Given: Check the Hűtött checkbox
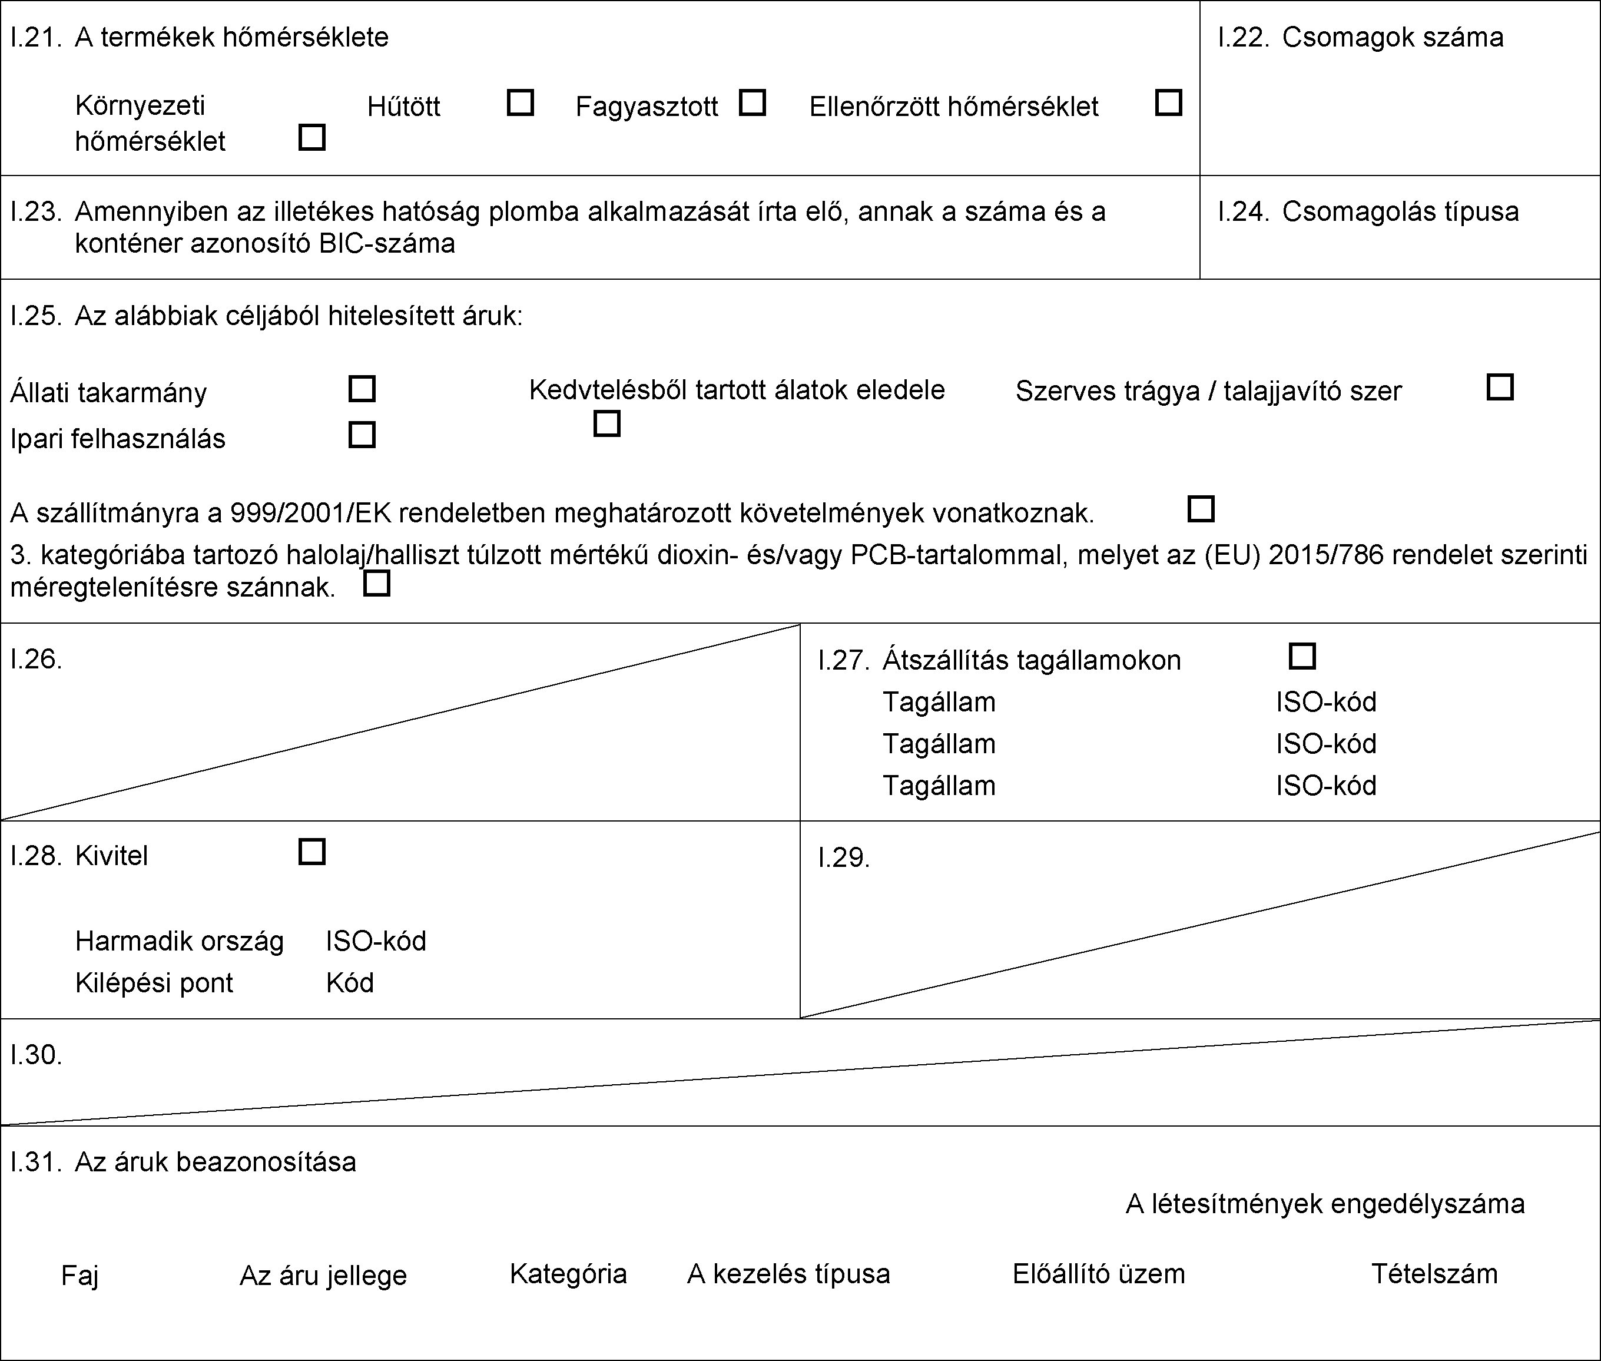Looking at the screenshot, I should tap(521, 102).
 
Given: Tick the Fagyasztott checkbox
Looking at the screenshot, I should tap(752, 102).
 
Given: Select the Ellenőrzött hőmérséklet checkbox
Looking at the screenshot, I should tap(1168, 102).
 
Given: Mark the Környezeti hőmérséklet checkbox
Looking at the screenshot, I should tap(311, 137).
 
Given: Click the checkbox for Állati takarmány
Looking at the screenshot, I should tap(362, 389).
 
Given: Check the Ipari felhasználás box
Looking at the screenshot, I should tap(362, 435).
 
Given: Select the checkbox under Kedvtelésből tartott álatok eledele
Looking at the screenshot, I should tap(607, 423).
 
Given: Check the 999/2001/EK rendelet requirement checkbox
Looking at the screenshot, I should tap(1201, 509).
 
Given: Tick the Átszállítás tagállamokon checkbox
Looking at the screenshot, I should tap(1302, 657).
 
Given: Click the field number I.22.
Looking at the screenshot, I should tap(1243, 38).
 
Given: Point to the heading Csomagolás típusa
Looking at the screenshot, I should tap(1400, 211).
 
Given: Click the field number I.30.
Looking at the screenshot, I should tap(35, 1055).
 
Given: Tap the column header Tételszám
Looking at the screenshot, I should tap(1434, 1274).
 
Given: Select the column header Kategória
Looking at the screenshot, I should tap(568, 1274).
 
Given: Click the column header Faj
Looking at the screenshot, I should tap(79, 1276).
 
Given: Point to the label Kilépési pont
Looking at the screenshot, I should tap(154, 983).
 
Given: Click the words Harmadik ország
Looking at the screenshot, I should tap(179, 941).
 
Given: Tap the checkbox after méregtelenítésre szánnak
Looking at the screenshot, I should tap(376, 583).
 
